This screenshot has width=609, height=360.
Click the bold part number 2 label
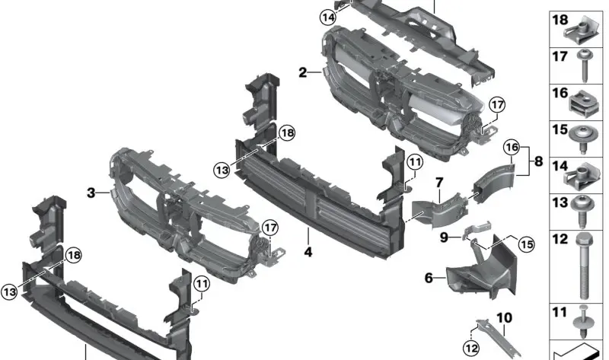point(303,72)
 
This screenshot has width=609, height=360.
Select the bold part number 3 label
point(91,193)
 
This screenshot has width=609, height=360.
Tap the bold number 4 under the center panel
point(308,252)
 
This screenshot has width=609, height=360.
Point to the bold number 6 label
point(429,279)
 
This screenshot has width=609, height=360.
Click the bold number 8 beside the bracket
point(538,161)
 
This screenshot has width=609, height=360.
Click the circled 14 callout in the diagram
point(327,18)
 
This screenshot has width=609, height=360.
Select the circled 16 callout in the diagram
point(511,145)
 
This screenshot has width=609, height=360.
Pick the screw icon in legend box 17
point(587,66)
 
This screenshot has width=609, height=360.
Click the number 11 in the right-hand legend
point(560,313)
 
